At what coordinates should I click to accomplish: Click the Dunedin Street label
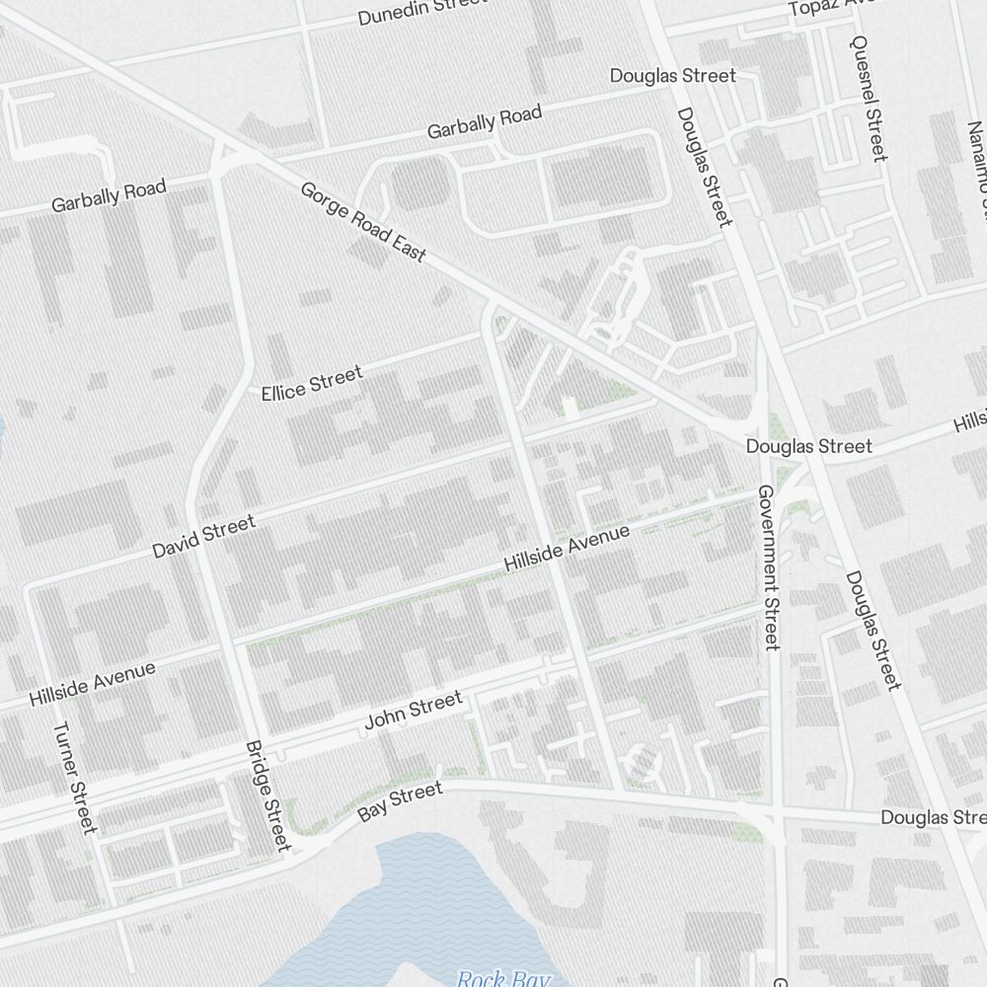[421, 11]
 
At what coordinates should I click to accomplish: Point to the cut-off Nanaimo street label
[976, 168]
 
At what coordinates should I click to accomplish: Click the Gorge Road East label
[363, 221]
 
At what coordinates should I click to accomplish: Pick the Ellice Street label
[312, 382]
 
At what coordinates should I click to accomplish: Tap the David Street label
[203, 536]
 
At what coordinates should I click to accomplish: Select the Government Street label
[769, 568]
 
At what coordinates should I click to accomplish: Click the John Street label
[414, 711]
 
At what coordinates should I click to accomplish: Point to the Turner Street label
[75, 778]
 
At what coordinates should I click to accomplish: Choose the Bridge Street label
[267, 796]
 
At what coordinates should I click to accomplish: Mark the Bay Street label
[400, 801]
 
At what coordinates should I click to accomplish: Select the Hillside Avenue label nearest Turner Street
[92, 684]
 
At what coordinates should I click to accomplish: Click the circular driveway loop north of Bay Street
[642, 761]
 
